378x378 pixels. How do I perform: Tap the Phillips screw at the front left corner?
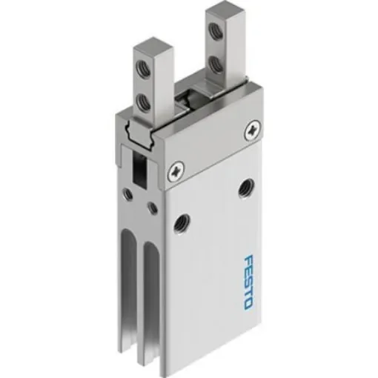pos(176,171)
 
